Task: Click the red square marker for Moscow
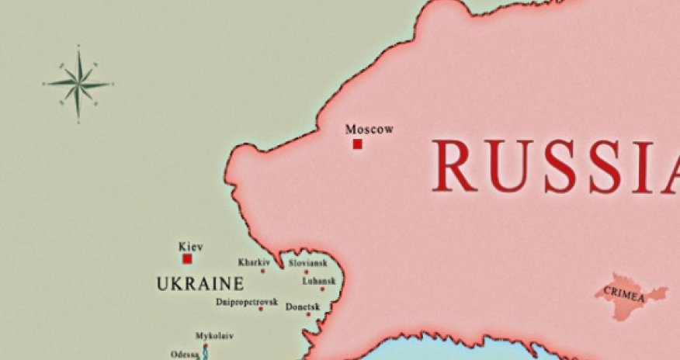pyautogui.click(x=357, y=144)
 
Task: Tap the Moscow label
pyautogui.click(x=369, y=129)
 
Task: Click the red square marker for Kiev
pyautogui.click(x=187, y=259)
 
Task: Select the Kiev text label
pyautogui.click(x=191, y=247)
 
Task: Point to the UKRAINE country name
pyautogui.click(x=200, y=284)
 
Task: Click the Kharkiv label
pyautogui.click(x=254, y=262)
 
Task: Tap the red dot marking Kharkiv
pyautogui.click(x=262, y=271)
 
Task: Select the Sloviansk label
pyautogui.click(x=308, y=263)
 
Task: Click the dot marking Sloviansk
pyautogui.click(x=306, y=272)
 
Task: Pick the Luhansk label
pyautogui.click(x=318, y=281)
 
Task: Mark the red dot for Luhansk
pyautogui.click(x=322, y=289)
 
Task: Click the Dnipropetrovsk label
pyautogui.click(x=247, y=301)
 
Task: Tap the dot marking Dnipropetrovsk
pyautogui.click(x=261, y=309)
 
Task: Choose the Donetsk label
pyautogui.click(x=303, y=307)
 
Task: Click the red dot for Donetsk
pyautogui.click(x=308, y=314)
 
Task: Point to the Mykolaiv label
pyautogui.click(x=214, y=336)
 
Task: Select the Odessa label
pyautogui.click(x=184, y=355)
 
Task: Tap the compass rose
pyautogui.click(x=78, y=83)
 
